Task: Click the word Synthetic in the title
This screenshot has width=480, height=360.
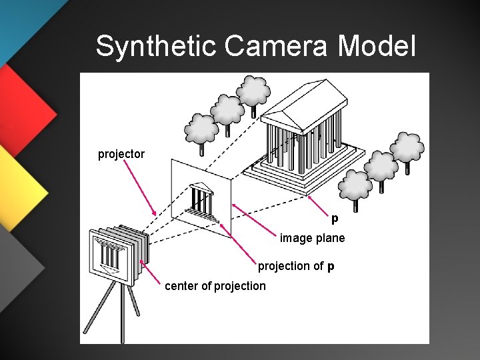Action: (x=157, y=46)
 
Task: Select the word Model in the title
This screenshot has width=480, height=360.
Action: (x=377, y=46)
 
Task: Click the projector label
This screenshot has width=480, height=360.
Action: (x=121, y=154)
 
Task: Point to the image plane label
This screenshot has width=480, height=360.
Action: (x=312, y=237)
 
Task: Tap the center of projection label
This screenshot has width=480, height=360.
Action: (x=215, y=286)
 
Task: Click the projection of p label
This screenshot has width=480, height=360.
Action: (x=296, y=267)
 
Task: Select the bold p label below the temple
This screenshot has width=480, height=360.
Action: (x=335, y=218)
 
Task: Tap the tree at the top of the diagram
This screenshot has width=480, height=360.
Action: (x=253, y=90)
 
